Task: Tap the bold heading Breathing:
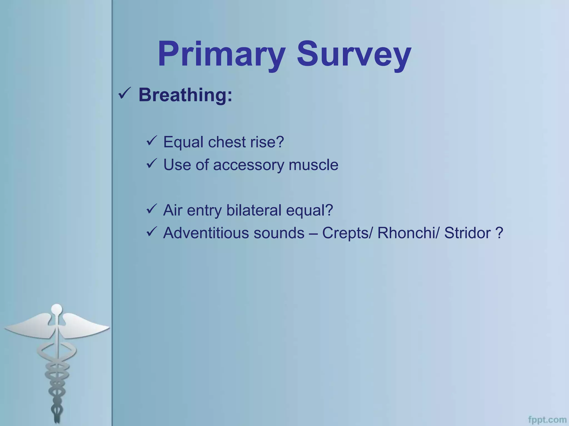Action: point(185,95)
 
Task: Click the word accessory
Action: point(248,165)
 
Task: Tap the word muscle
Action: point(313,165)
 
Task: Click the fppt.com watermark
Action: point(547,420)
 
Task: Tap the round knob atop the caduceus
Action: point(57,309)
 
